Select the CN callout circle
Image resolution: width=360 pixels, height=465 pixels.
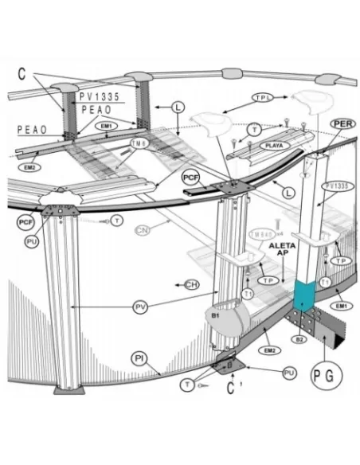click(x=143, y=232)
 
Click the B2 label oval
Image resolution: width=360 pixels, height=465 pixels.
click(x=300, y=339)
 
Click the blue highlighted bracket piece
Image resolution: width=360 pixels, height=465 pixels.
click(x=304, y=298)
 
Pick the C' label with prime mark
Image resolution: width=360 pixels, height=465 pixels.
click(x=231, y=390)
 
